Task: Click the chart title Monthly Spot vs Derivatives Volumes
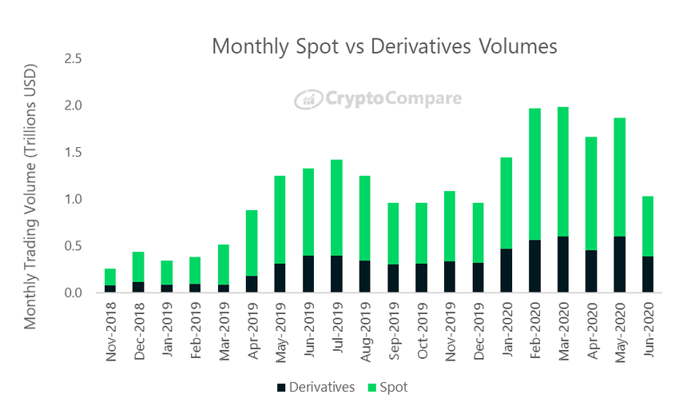pos(384,46)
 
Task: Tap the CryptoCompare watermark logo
pos(378,99)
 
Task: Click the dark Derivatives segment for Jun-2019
pos(308,274)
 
